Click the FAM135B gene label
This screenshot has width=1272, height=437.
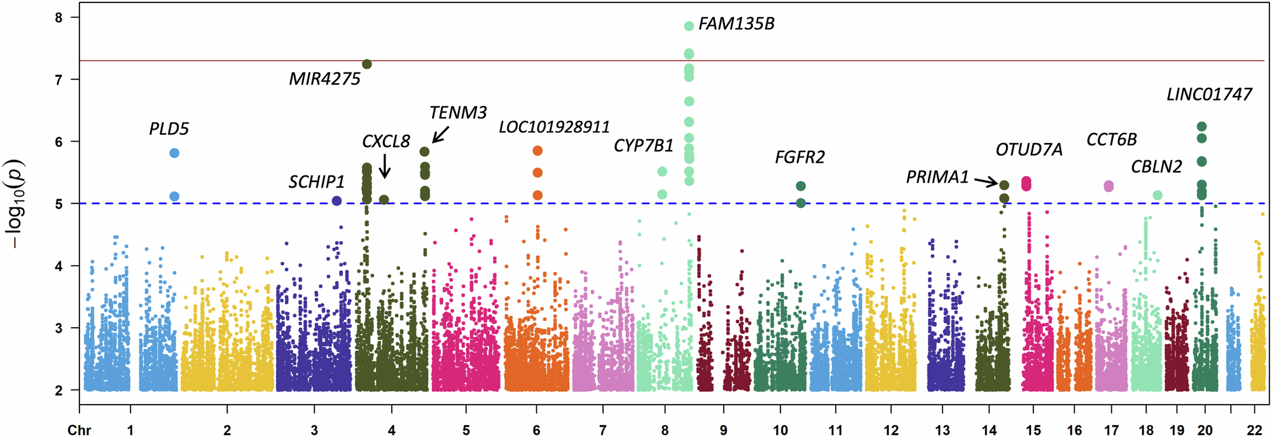(736, 24)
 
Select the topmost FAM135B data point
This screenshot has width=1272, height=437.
(689, 26)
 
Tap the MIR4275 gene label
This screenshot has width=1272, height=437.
(324, 79)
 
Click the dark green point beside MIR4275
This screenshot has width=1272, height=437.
(367, 64)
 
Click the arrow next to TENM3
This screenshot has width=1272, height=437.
(441, 135)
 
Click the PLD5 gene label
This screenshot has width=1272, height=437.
(169, 129)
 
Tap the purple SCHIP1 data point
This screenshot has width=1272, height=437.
(337, 201)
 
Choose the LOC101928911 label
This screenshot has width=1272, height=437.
(554, 127)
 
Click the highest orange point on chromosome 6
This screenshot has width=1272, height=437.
(537, 151)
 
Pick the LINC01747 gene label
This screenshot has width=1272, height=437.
(1209, 95)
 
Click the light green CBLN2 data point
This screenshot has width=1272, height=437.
(1158, 195)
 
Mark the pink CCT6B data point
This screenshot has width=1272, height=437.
(1109, 186)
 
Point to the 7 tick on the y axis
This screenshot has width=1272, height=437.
(59, 80)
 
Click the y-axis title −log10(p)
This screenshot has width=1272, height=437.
(15, 204)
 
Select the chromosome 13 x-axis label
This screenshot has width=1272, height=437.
(942, 430)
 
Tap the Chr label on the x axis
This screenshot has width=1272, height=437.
(79, 430)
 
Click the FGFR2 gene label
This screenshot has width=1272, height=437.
(799, 157)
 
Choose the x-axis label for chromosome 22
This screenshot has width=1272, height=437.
(1254, 430)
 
